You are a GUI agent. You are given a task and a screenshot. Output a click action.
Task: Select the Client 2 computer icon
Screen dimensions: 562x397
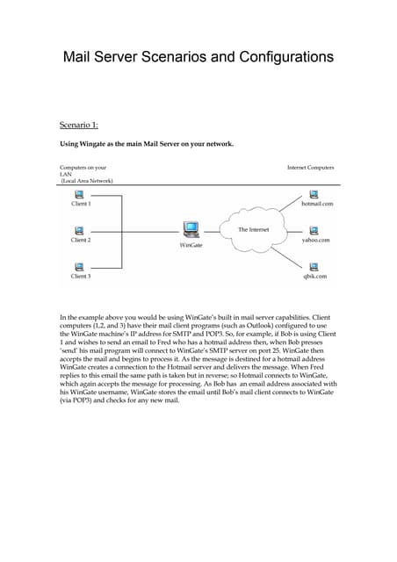click(81, 230)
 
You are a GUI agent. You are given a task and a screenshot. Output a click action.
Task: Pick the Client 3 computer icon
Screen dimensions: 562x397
click(81, 266)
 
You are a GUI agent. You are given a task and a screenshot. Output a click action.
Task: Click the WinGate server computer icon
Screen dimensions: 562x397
click(191, 230)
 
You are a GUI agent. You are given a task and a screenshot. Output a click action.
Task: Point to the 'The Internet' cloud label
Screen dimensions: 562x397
click(254, 229)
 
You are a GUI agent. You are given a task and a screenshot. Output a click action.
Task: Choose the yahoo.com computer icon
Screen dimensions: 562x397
click(315, 230)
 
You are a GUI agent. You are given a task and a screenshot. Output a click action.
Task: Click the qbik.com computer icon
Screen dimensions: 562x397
click(315, 266)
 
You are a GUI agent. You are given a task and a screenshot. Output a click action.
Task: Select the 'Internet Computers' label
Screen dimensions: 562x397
click(310, 167)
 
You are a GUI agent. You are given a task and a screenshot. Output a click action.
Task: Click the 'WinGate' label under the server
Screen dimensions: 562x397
click(191, 246)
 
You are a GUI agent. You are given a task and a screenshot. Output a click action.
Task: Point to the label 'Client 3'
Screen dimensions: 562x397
click(81, 276)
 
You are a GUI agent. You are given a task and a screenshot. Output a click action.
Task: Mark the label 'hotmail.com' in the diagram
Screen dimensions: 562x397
click(317, 203)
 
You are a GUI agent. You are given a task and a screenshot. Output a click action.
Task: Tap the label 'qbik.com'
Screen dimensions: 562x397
click(315, 276)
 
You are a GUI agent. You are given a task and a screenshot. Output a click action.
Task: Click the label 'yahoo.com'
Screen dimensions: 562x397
click(316, 240)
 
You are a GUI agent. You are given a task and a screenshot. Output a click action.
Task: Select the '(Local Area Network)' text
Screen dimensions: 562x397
click(87, 180)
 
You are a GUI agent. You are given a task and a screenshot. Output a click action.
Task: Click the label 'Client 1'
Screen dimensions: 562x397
click(81, 203)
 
